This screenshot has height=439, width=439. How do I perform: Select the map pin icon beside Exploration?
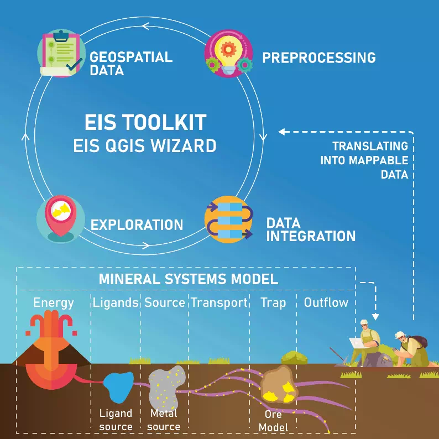[x=61, y=219]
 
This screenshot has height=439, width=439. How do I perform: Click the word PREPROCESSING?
[x=318, y=58]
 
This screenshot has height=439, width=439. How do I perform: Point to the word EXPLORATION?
[x=137, y=225]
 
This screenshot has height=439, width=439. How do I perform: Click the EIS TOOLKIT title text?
[x=145, y=122]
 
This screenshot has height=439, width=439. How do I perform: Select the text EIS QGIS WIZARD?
[x=145, y=146]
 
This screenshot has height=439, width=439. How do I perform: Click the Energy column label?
[x=54, y=302]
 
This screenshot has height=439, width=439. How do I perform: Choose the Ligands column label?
[x=115, y=302]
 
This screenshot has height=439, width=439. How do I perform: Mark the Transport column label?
[x=219, y=302]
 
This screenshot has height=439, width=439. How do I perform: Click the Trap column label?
[x=273, y=302]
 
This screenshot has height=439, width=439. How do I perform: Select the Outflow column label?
[x=326, y=302]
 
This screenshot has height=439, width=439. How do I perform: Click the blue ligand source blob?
[x=118, y=386]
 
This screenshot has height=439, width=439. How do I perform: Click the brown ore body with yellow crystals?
[x=279, y=384]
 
